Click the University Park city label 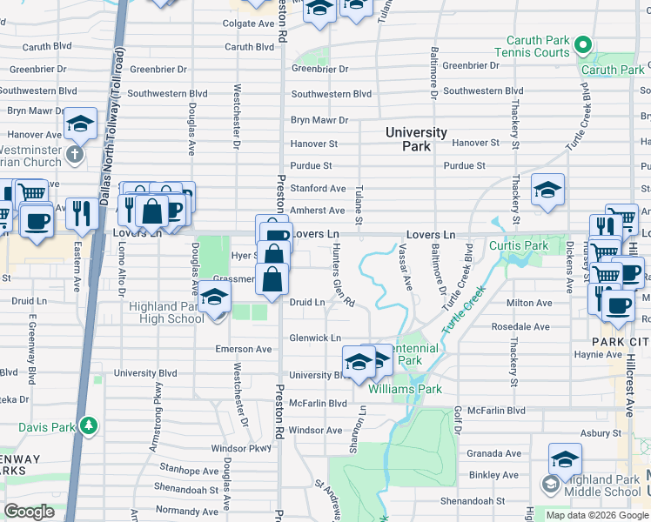click(417, 139)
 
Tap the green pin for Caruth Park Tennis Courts click(583, 45)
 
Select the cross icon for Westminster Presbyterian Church click(74, 154)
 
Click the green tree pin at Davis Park click(88, 425)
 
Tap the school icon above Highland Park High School click(214, 298)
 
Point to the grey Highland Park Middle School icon click(550, 483)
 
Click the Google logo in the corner click(30, 512)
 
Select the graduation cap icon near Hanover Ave click(80, 125)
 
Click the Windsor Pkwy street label click(241, 448)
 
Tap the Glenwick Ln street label click(315, 338)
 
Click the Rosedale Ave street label click(520, 326)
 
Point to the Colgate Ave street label click(250, 23)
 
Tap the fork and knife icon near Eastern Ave click(83, 212)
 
